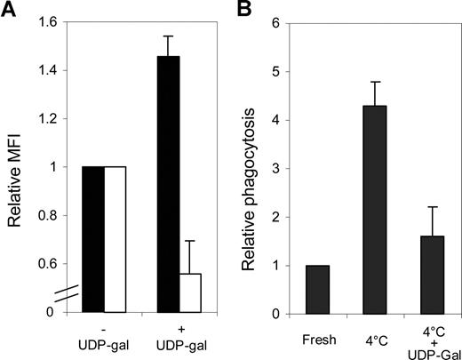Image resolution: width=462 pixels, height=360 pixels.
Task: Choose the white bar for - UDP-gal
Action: coord(116,239)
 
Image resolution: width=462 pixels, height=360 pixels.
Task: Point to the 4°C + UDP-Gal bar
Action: coord(420,275)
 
